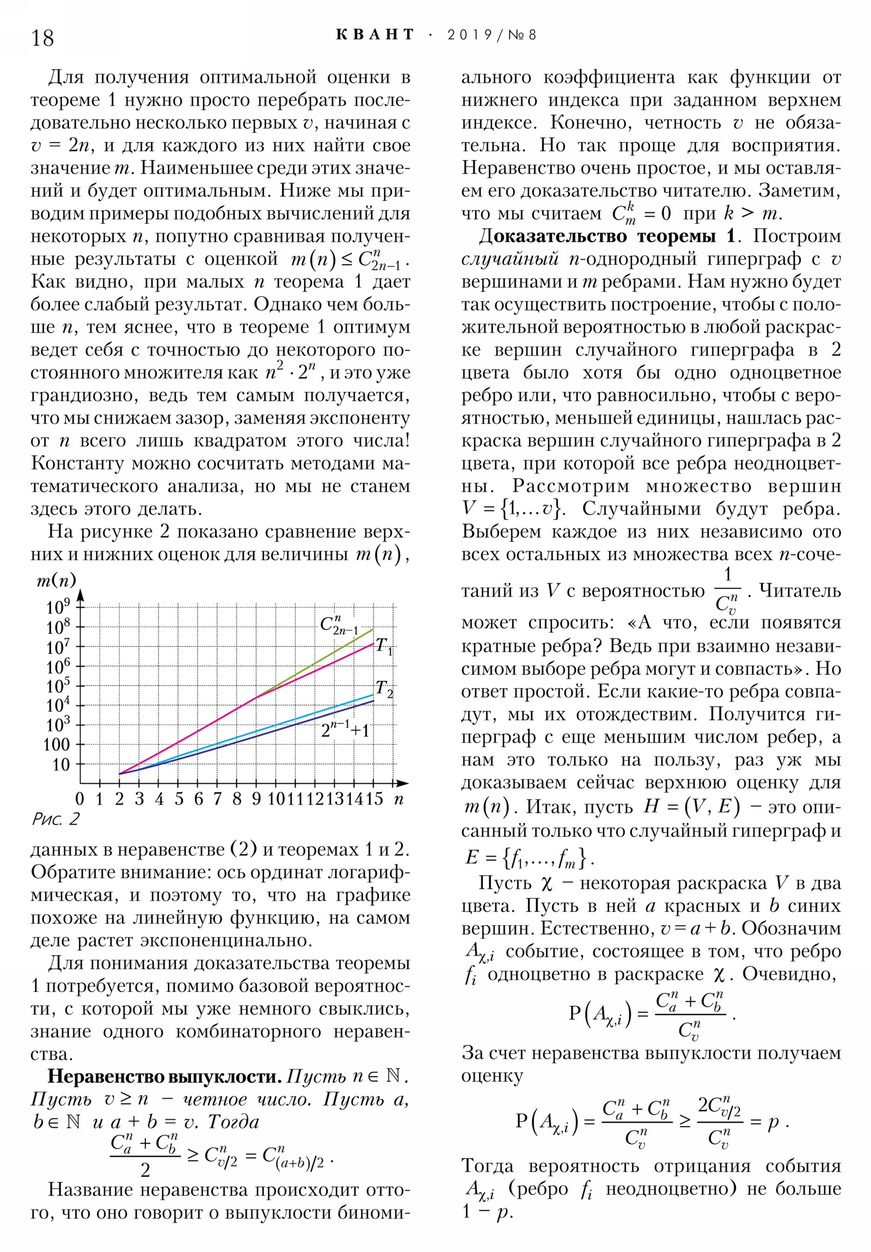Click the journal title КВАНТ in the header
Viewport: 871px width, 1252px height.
pos(375,35)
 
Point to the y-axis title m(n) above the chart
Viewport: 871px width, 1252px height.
pos(56,580)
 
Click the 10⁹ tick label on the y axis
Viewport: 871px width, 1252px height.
pos(58,606)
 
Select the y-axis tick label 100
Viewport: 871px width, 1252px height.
pos(57,744)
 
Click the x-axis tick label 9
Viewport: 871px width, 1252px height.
pos(256,800)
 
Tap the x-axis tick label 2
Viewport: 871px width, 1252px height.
pos(119,800)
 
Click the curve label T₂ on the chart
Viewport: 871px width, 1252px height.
pos(384,689)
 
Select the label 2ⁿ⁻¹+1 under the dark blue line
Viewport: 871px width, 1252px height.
pos(345,729)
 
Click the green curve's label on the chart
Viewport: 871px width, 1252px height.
pos(339,625)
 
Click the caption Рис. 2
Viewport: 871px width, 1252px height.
pos(56,819)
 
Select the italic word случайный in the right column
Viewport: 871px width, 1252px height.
pos(510,259)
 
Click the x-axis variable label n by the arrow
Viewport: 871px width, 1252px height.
pos(398,800)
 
